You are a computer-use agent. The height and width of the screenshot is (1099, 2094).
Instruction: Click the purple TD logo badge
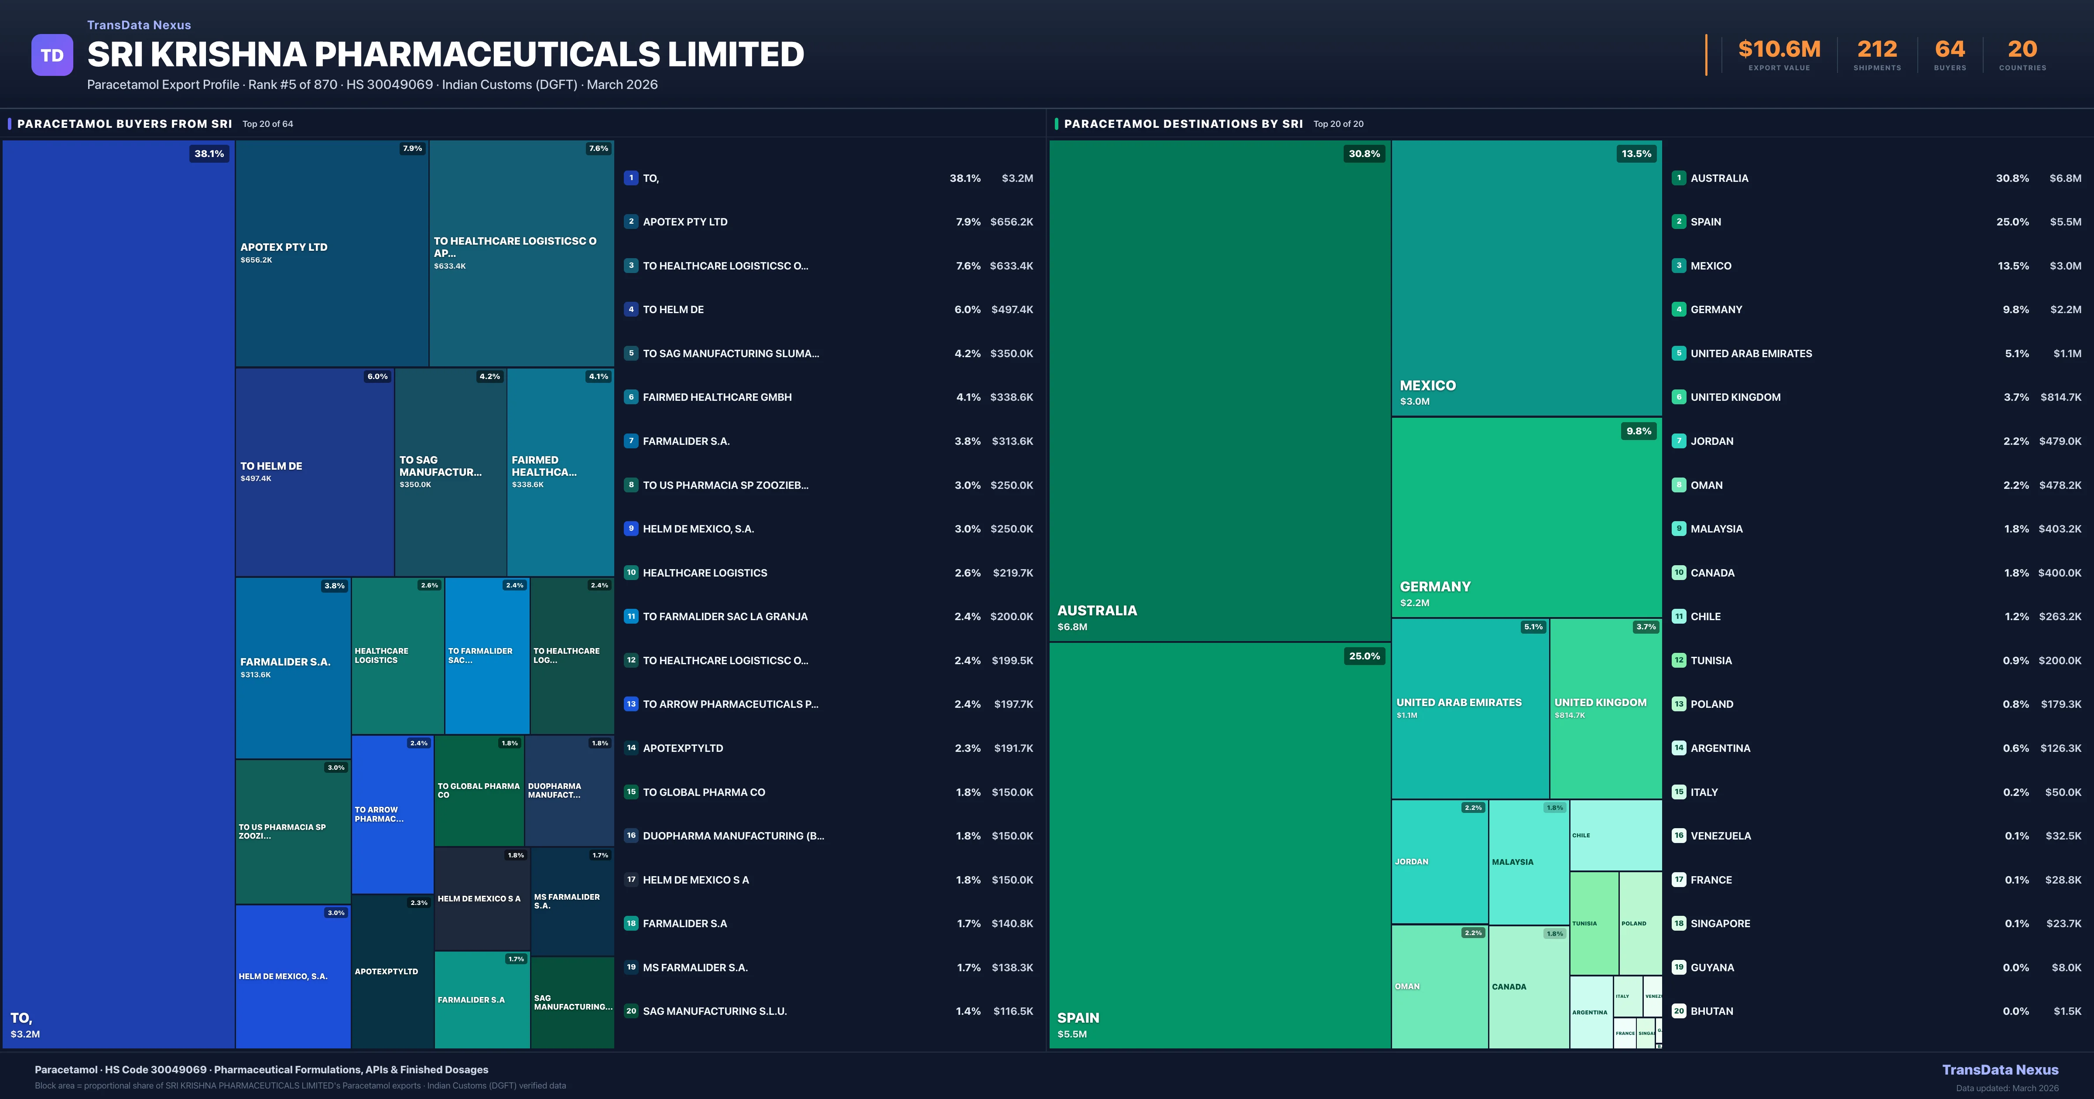click(52, 55)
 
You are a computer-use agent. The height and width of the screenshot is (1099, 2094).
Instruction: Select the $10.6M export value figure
click(1779, 50)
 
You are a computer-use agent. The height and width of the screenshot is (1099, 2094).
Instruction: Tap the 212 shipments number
click(1877, 50)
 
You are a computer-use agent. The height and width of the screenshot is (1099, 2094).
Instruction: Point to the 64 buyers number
click(1949, 50)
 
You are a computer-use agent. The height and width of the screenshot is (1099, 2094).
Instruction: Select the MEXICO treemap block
click(1526, 278)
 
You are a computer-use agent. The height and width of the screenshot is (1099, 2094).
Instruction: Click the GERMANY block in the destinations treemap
click(1526, 517)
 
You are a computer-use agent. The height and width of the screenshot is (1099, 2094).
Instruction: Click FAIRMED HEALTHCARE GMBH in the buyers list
click(717, 397)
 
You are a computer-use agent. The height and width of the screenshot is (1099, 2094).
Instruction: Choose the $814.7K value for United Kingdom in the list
click(2060, 397)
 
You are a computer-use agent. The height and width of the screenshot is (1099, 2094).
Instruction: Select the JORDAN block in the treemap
click(1439, 862)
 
